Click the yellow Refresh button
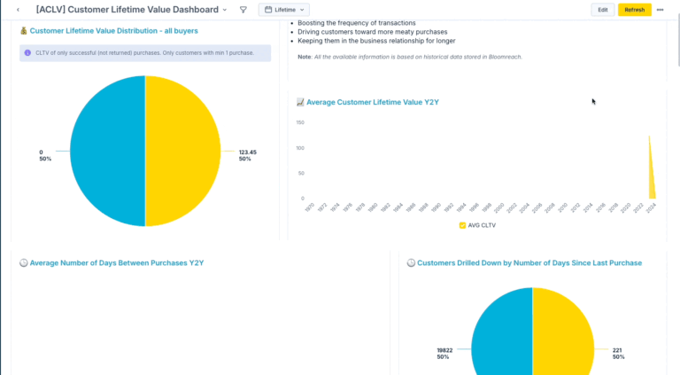pyautogui.click(x=634, y=10)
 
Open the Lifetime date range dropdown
pyautogui.click(x=283, y=10)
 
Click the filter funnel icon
pyautogui.click(x=243, y=10)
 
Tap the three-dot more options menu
pyautogui.click(x=660, y=10)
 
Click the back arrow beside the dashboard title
pyautogui.click(x=19, y=10)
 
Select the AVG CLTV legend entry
pyautogui.click(x=478, y=226)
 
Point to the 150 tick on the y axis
pyautogui.click(x=300, y=122)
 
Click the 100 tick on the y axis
pyautogui.click(x=300, y=148)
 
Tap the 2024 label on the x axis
pyautogui.click(x=651, y=207)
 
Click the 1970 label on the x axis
pyautogui.click(x=308, y=207)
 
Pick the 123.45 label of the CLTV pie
pyautogui.click(x=247, y=152)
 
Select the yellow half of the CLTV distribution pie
pyautogui.click(x=182, y=151)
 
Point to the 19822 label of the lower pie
pyautogui.click(x=444, y=350)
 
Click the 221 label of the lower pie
pyautogui.click(x=617, y=350)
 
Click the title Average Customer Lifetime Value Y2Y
pyautogui.click(x=372, y=103)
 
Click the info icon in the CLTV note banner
pyautogui.click(x=27, y=53)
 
